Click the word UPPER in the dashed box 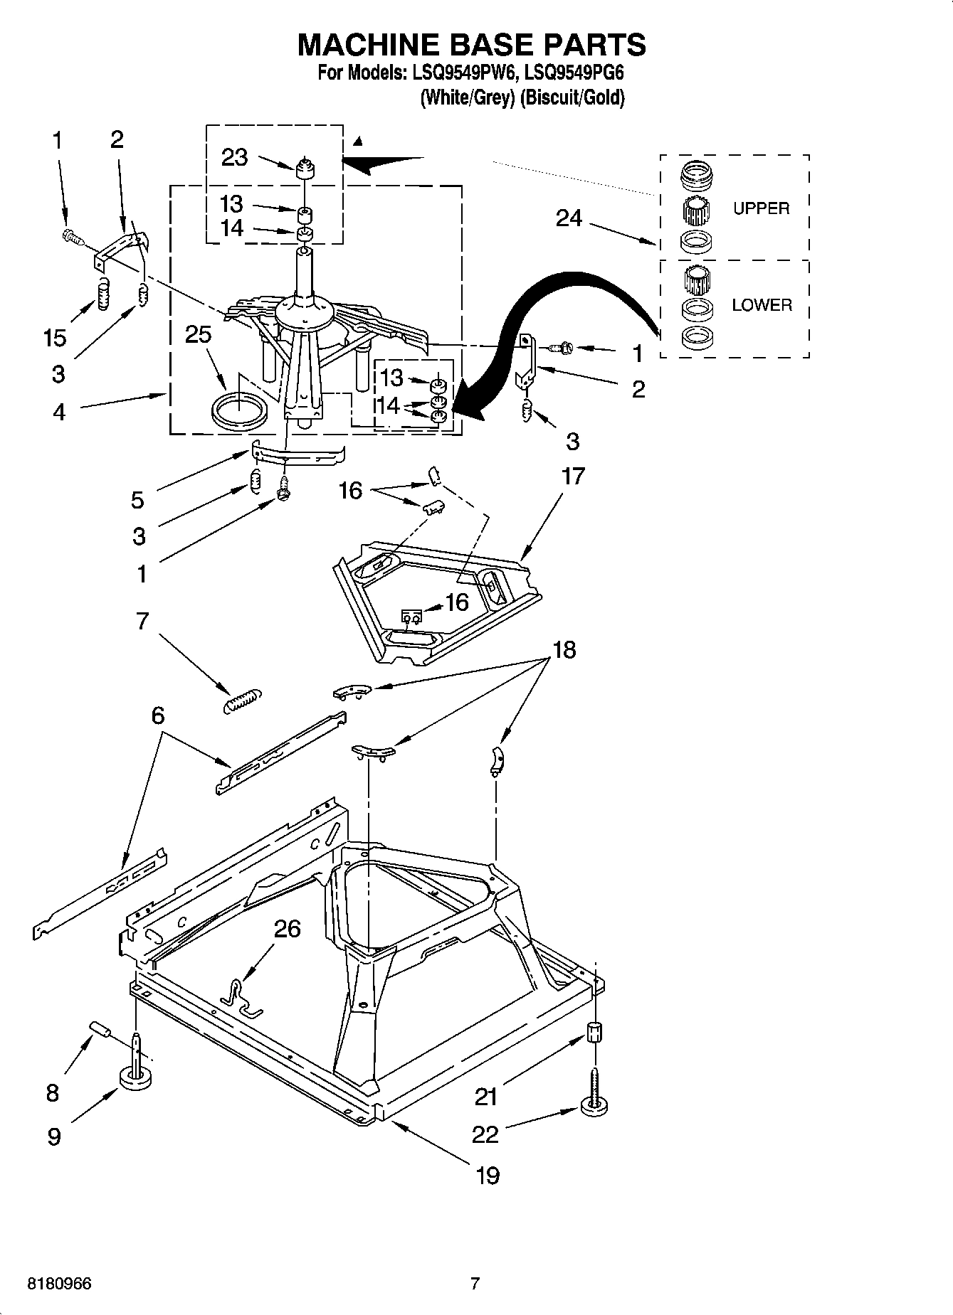coord(761,208)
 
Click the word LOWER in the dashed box coord(762,305)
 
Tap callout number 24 coord(569,218)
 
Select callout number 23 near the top coord(234,157)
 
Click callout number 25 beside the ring coord(198,334)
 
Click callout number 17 coord(573,476)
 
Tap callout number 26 coord(287,929)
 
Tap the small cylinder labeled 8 coord(101,1030)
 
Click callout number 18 coord(564,649)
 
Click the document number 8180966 coord(59,1284)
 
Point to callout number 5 coord(137,500)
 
